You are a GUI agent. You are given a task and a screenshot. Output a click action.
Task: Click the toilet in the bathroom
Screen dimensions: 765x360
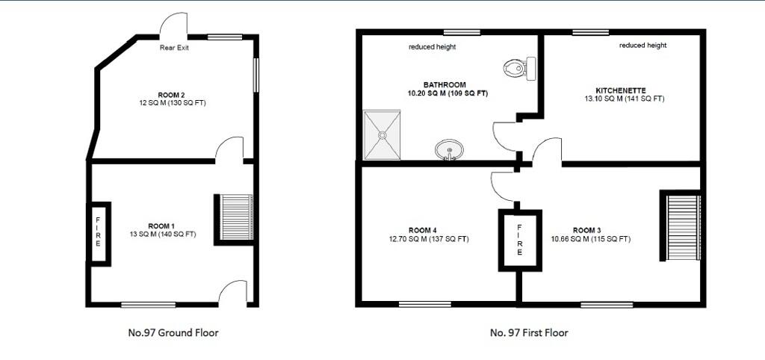coord(520,68)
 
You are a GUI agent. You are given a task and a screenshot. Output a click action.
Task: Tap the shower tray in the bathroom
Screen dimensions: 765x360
coord(382,135)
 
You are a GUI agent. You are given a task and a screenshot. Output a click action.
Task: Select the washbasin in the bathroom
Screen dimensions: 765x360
coord(449,149)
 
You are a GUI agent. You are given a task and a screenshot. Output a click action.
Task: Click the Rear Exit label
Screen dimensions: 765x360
coord(174,48)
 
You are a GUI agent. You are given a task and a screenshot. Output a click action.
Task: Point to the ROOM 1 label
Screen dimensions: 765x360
coord(161,226)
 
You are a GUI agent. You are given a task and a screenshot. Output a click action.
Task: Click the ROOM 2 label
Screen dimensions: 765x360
coord(171,94)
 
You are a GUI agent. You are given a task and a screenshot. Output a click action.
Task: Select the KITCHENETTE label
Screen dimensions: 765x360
coord(621,90)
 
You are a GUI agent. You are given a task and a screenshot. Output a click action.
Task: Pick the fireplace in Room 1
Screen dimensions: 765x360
coord(98,234)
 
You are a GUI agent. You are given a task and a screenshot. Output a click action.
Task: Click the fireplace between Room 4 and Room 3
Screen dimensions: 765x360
coord(520,240)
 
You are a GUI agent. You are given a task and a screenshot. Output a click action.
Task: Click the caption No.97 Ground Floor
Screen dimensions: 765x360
coord(173,332)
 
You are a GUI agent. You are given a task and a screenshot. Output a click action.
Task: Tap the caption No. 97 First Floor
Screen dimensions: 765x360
coord(529,332)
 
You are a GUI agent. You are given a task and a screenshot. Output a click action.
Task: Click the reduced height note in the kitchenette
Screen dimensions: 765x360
coord(642,46)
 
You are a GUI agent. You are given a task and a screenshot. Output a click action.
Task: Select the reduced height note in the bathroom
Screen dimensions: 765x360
coord(433,47)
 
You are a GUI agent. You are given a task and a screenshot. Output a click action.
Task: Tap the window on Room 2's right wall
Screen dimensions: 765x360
coord(255,75)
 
